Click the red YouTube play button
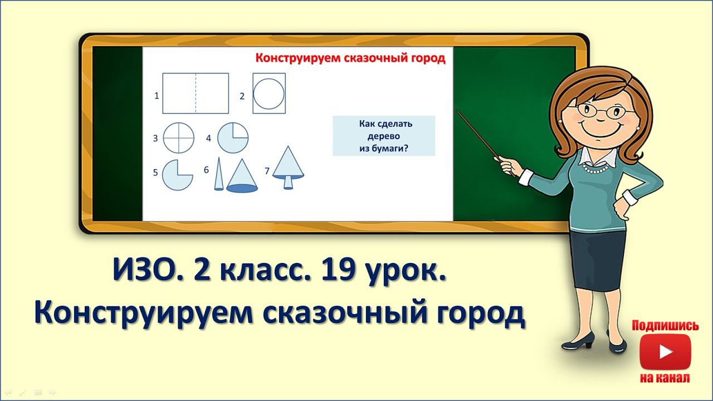coord(665,351)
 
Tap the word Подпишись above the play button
coord(665,326)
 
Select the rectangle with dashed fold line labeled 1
coord(196,93)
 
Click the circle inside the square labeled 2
coord(270,93)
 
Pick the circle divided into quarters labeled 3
coord(179,138)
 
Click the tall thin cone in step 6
coord(219,174)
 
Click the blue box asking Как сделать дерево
coord(383,136)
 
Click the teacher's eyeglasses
coord(600,110)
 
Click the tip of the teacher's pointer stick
coord(458,113)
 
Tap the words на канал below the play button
coord(665,378)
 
